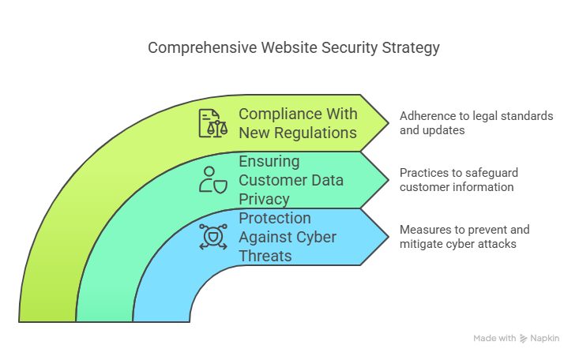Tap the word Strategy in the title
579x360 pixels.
pyautogui.click(x=411, y=48)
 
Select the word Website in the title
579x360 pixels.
pyautogui.click(x=289, y=47)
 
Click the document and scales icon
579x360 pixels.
pyautogui.click(x=213, y=123)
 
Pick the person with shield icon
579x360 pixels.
pyautogui.click(x=213, y=180)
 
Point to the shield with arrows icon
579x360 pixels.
pyautogui.click(x=213, y=237)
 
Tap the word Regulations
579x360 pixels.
pyautogui.click(x=315, y=133)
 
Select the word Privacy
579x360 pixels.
pyautogui.click(x=264, y=200)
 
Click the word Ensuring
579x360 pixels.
pyautogui.click(x=269, y=162)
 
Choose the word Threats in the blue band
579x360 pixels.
pyautogui.click(x=265, y=256)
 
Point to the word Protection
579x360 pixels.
pyautogui.click(x=275, y=218)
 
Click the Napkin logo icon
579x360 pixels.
pyautogui.click(x=523, y=339)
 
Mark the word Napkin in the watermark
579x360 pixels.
pyautogui.click(x=545, y=339)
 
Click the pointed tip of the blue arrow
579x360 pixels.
pyautogui.click(x=389, y=237)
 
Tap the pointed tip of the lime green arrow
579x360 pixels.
pyautogui.click(x=389, y=123)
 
